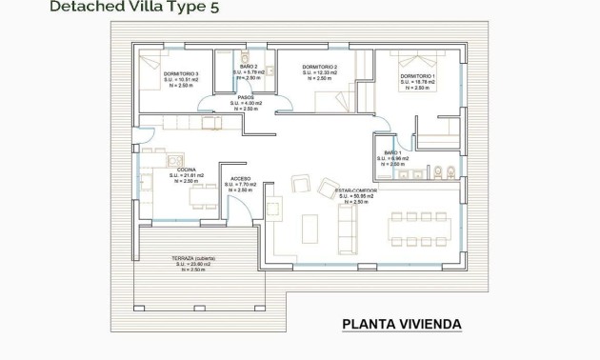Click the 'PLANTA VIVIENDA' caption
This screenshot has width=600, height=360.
(x=402, y=325)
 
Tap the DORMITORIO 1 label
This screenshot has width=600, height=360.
(x=418, y=76)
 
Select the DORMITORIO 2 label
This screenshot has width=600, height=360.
(x=321, y=68)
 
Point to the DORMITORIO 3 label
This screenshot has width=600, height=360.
(x=180, y=73)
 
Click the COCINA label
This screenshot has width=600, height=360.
(x=185, y=169)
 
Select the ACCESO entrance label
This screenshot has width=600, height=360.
(x=240, y=178)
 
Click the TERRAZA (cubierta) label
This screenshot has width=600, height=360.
(x=193, y=258)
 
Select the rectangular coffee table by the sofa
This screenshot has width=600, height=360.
(x=310, y=229)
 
